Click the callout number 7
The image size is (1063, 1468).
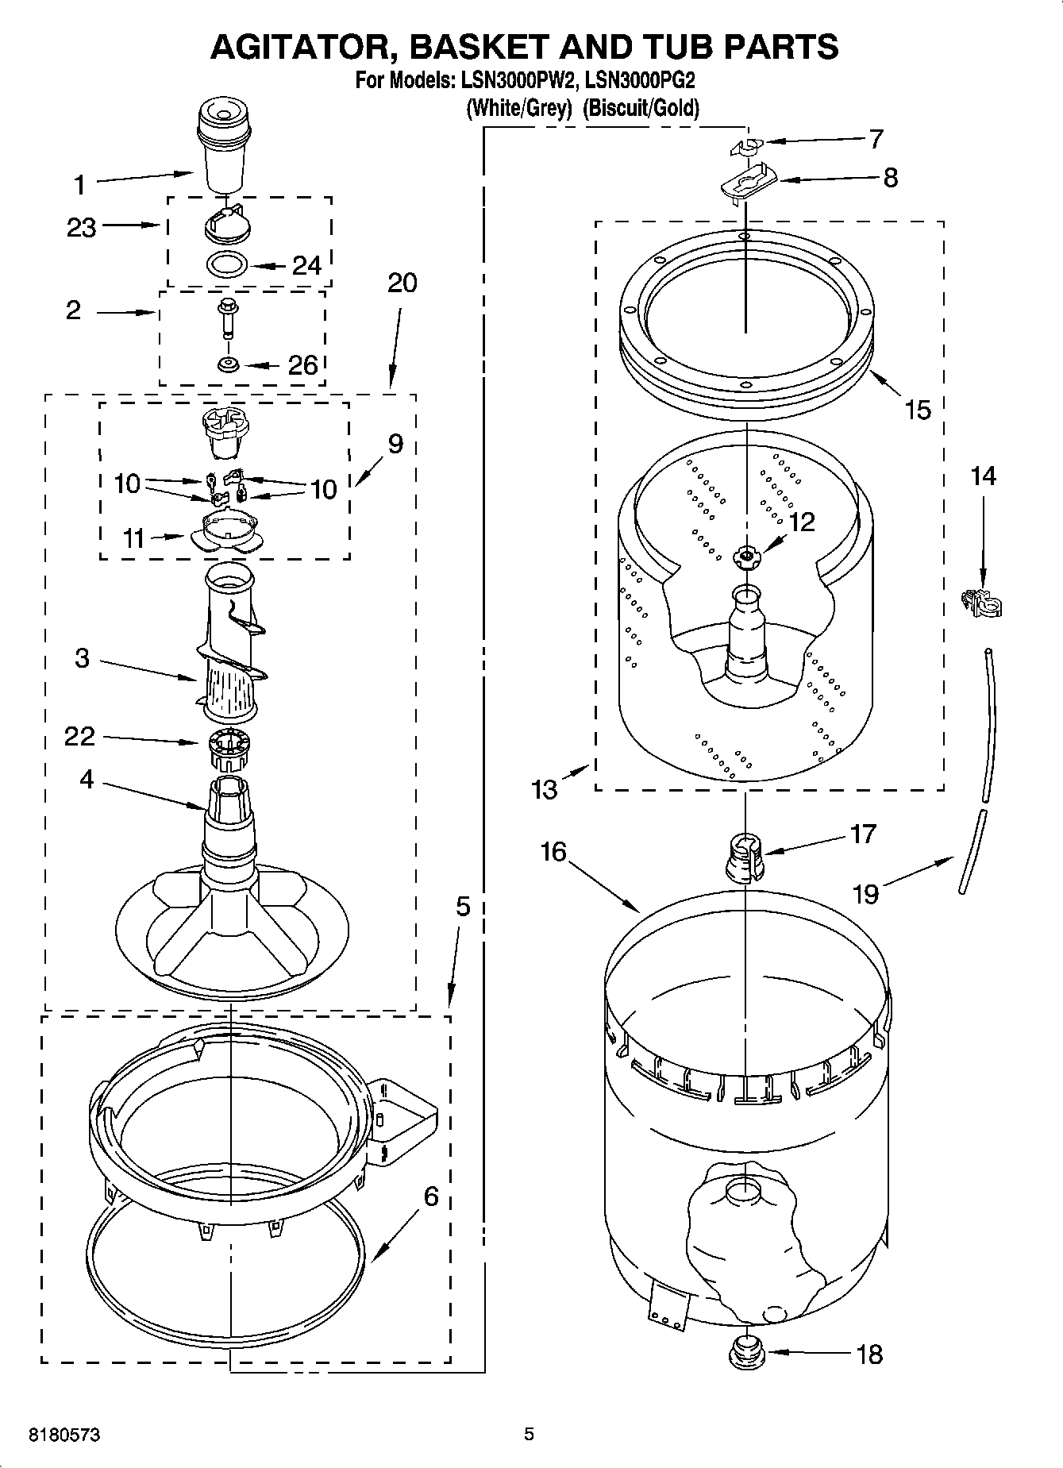[x=876, y=139]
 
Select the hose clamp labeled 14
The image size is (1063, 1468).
[x=981, y=604]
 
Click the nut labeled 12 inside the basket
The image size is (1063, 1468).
[x=746, y=557]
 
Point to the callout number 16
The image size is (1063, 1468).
[x=553, y=852]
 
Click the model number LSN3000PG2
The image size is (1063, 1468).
[x=640, y=81]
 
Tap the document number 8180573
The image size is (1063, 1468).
[x=64, y=1434]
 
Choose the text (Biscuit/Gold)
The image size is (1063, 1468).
[x=641, y=108]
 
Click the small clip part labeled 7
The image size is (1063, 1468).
[x=744, y=146]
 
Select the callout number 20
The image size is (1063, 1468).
[x=402, y=282]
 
